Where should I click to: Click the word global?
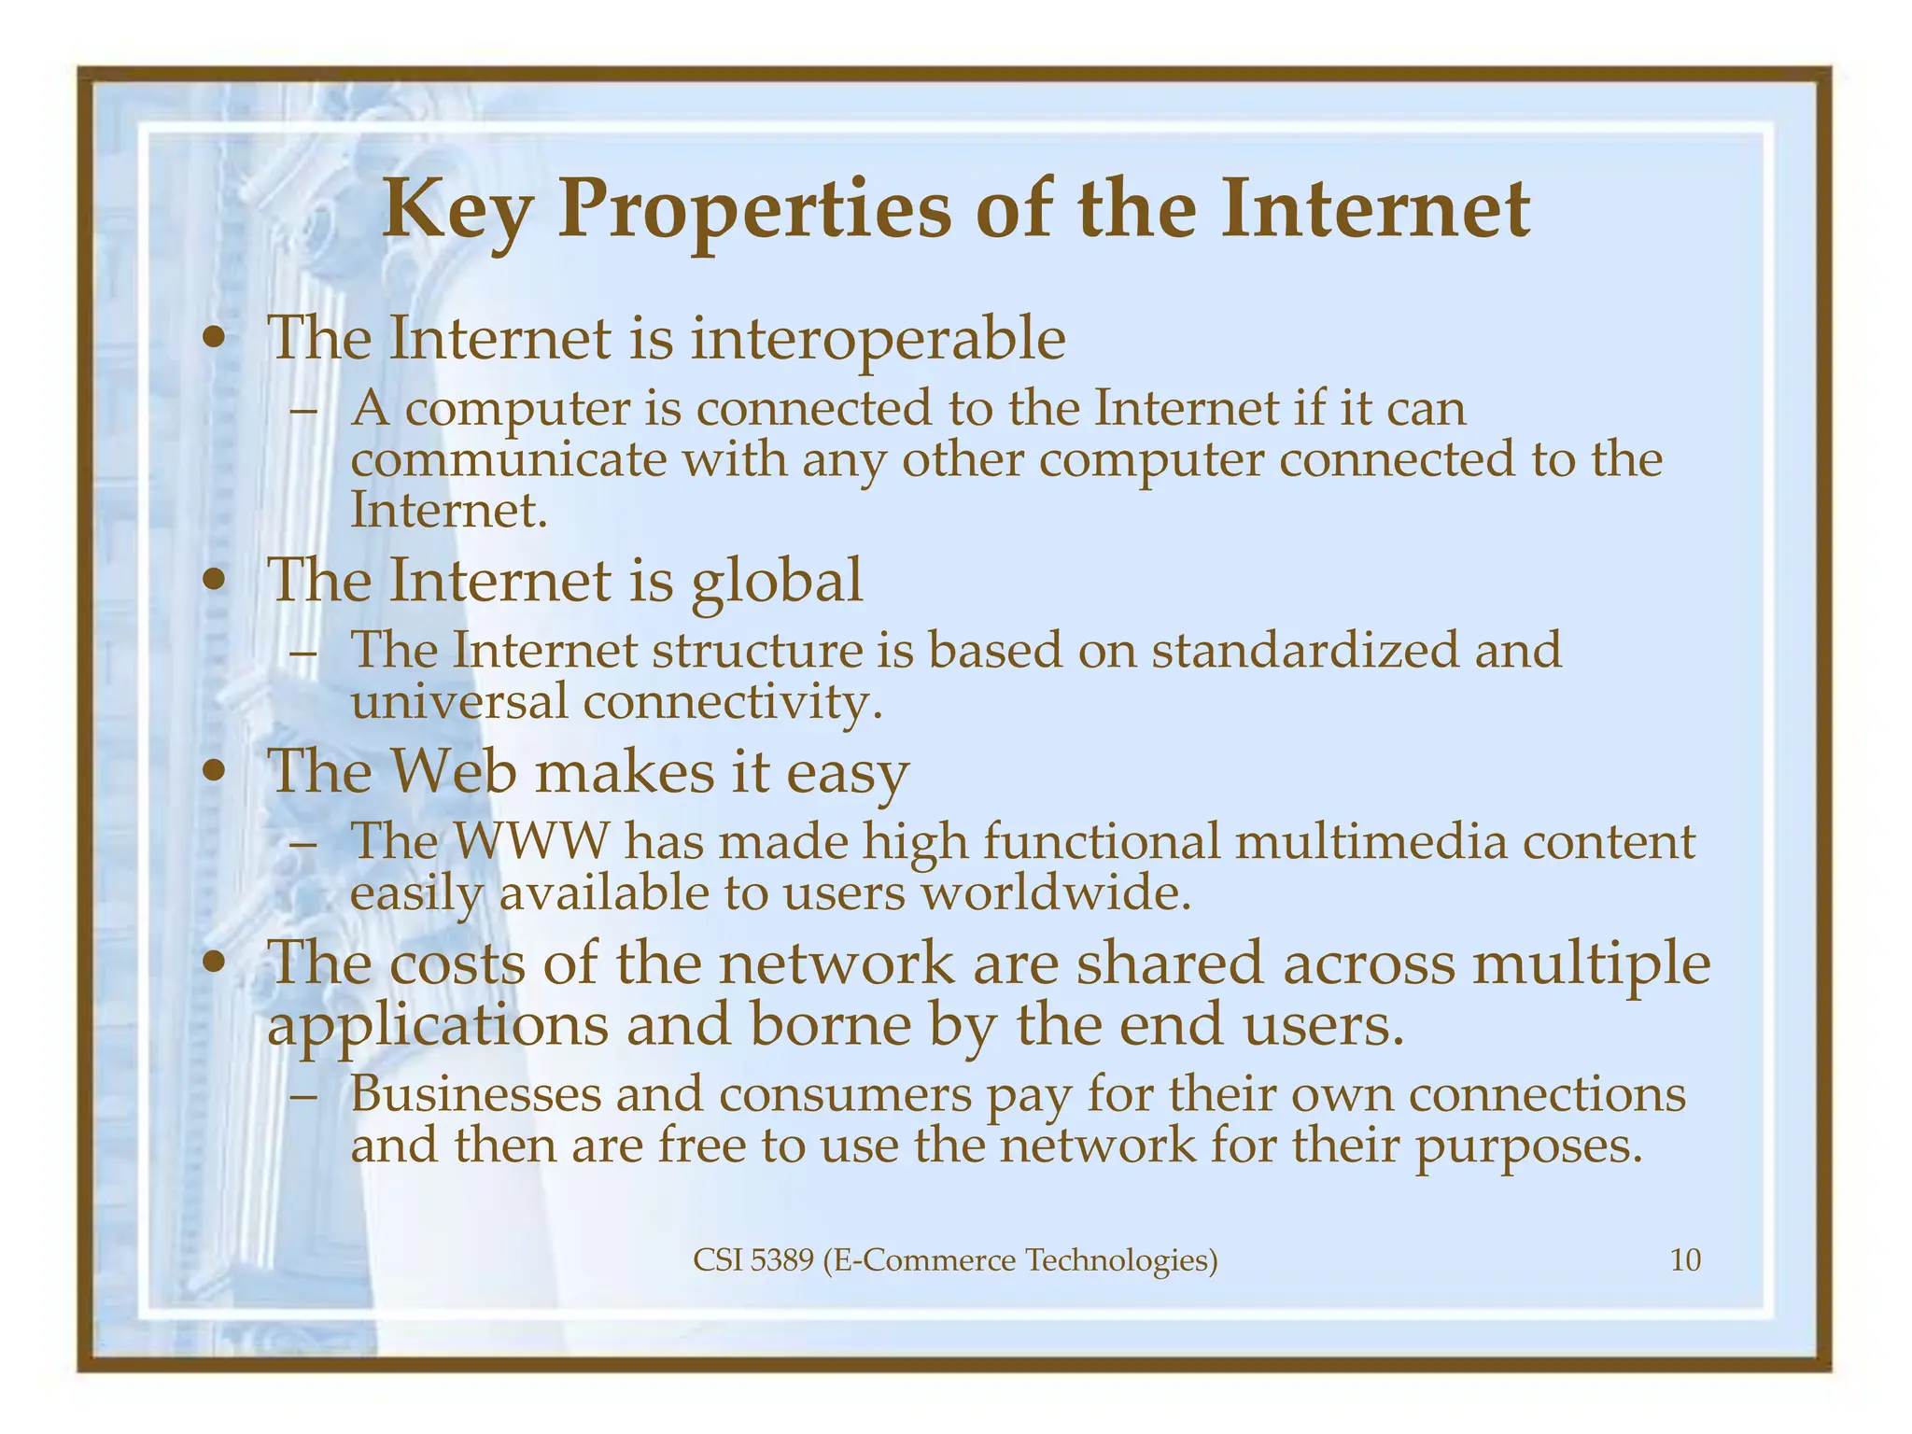[777, 581]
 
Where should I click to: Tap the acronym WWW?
[530, 841]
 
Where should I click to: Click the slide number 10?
[1685, 1260]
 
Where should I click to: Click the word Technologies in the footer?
[1121, 1260]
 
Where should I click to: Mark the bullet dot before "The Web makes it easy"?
[216, 773]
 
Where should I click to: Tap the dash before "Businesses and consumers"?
[302, 1096]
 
